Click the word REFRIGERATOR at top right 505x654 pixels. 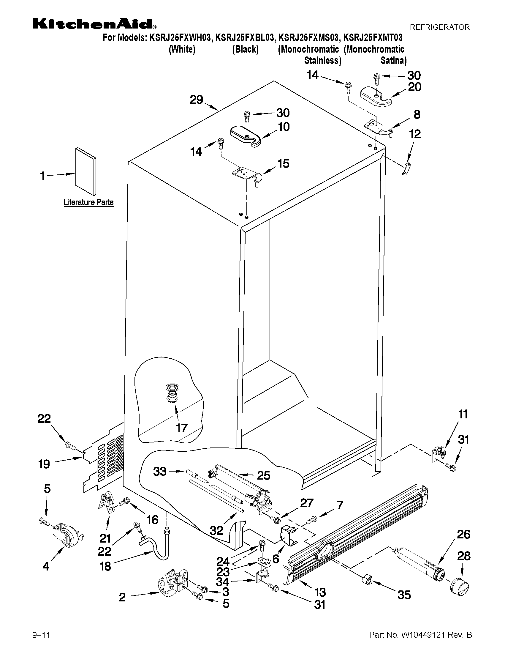pos(439,27)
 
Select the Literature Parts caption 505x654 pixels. pos(88,202)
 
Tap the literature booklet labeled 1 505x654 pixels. pos(86,171)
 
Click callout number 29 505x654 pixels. pos(196,100)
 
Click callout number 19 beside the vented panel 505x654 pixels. pos(44,464)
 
